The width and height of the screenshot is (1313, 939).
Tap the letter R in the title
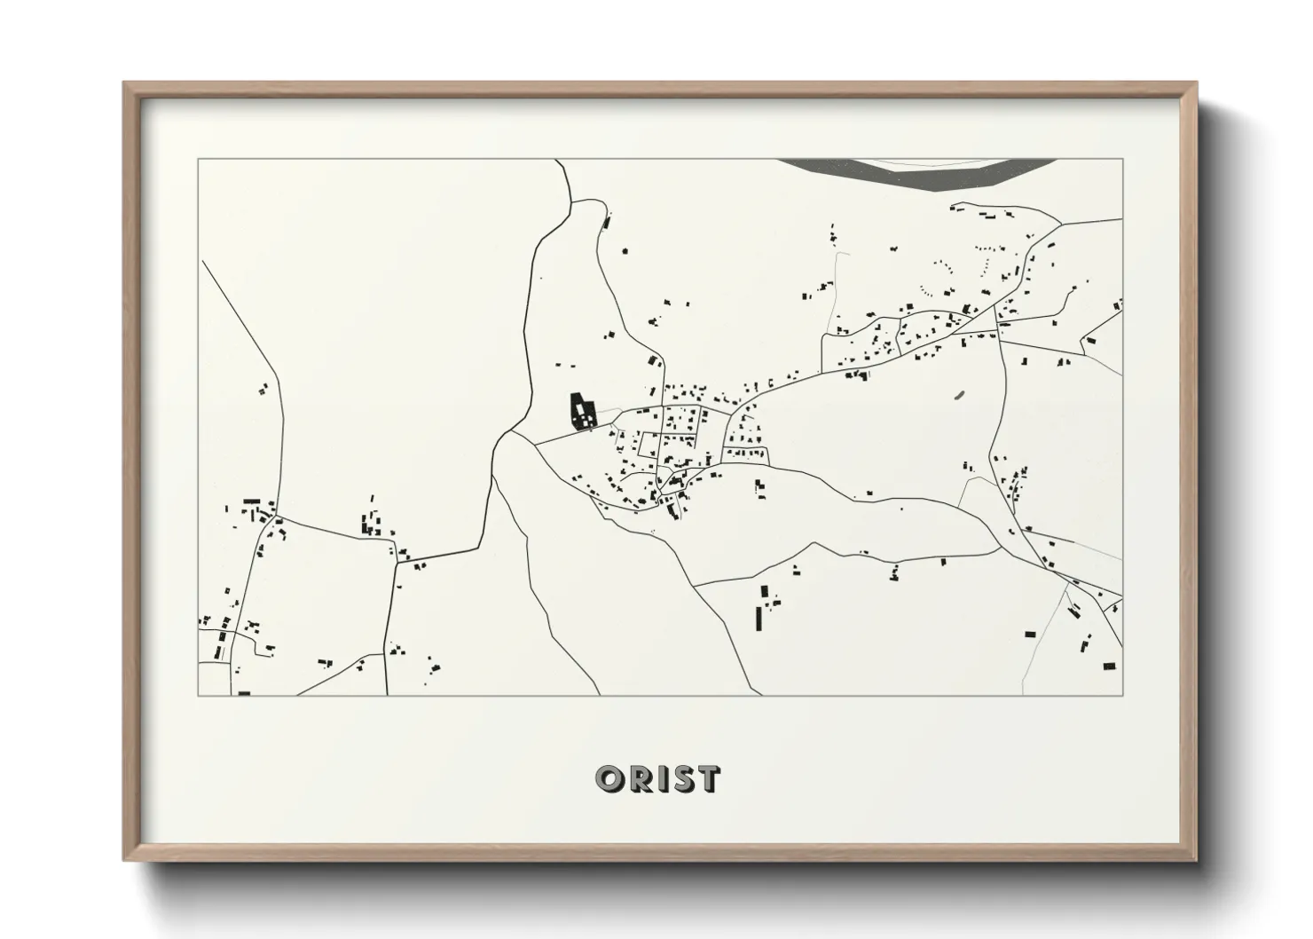640,778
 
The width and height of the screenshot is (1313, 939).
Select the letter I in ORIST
662,778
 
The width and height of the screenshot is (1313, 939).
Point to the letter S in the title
682,778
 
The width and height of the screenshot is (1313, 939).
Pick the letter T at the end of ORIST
709,778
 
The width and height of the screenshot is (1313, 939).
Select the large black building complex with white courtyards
582,412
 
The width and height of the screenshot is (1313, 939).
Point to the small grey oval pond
960,395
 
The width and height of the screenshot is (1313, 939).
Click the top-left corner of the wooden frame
125,84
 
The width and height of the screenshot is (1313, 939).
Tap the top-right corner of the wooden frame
1195,84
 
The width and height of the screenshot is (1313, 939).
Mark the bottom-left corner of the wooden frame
125,859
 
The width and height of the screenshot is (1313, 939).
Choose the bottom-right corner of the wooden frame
1195,859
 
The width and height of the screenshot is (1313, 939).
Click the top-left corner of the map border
198,160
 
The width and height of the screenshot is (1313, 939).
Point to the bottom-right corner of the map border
1122,695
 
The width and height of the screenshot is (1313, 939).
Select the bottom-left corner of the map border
198,695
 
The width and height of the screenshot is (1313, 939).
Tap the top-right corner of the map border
1122,160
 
